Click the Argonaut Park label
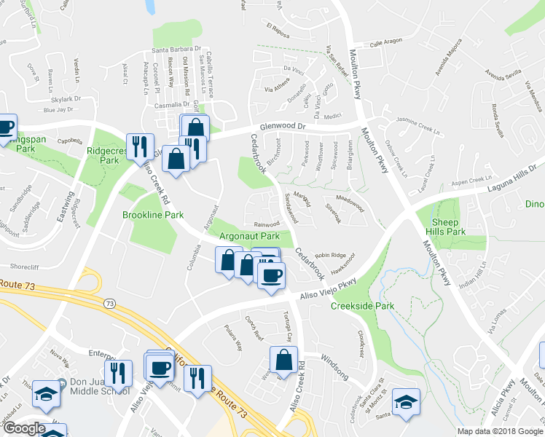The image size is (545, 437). click(x=250, y=237)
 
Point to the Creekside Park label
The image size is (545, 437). click(x=362, y=306)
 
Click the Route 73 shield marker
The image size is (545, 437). click(x=110, y=302)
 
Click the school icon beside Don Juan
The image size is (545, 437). click(x=47, y=393)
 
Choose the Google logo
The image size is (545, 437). click(x=24, y=428)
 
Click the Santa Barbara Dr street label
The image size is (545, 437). click(x=176, y=50)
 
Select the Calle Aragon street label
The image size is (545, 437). click(x=386, y=44)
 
